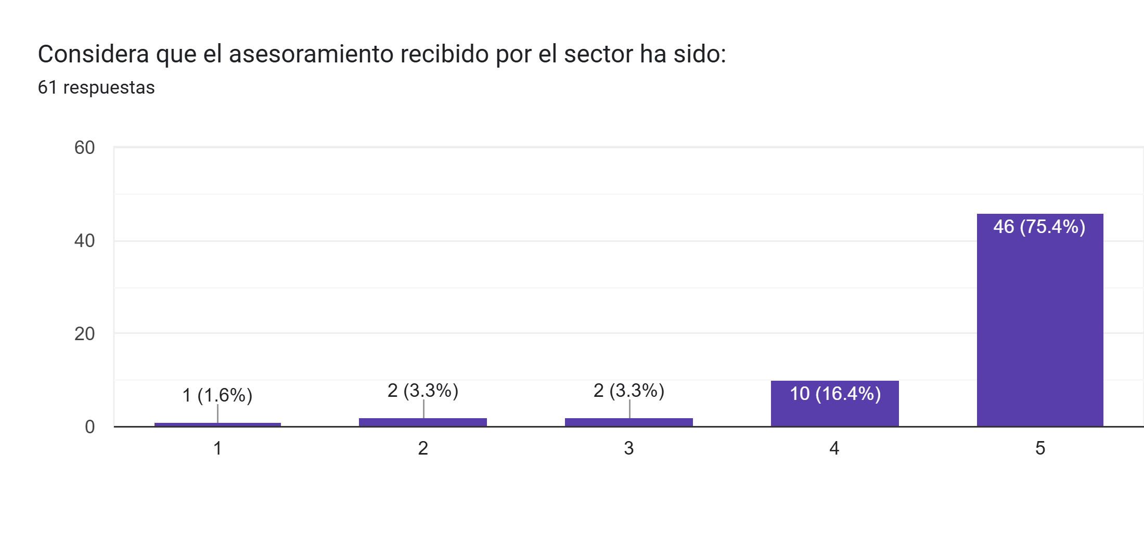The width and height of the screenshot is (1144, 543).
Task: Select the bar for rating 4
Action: click(x=834, y=411)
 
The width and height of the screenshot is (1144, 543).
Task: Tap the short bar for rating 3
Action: click(x=628, y=422)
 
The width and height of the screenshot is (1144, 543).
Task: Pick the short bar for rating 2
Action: click(x=422, y=422)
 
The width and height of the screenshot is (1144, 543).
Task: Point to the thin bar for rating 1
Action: click(x=217, y=424)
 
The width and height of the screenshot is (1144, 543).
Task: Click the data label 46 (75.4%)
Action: click(x=1039, y=227)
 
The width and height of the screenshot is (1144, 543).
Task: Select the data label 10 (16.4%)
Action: click(x=835, y=394)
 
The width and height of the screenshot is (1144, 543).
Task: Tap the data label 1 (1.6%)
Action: click(x=217, y=395)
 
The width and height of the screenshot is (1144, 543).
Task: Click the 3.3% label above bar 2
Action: click(x=422, y=390)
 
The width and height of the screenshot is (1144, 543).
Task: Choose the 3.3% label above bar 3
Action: click(x=628, y=390)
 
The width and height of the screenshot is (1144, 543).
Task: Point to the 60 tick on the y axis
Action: click(x=84, y=148)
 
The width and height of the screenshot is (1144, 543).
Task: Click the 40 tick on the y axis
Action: click(x=84, y=241)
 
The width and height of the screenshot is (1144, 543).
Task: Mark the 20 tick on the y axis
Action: click(x=84, y=334)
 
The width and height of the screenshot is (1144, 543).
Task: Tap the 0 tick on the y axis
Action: click(x=89, y=427)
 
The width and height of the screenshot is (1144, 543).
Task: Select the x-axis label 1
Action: click(x=217, y=448)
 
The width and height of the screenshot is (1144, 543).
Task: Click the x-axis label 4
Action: click(x=834, y=448)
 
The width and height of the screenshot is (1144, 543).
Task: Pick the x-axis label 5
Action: click(x=1040, y=448)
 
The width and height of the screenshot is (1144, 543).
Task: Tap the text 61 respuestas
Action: click(x=96, y=87)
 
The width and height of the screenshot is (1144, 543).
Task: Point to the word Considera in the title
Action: click(x=93, y=54)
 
